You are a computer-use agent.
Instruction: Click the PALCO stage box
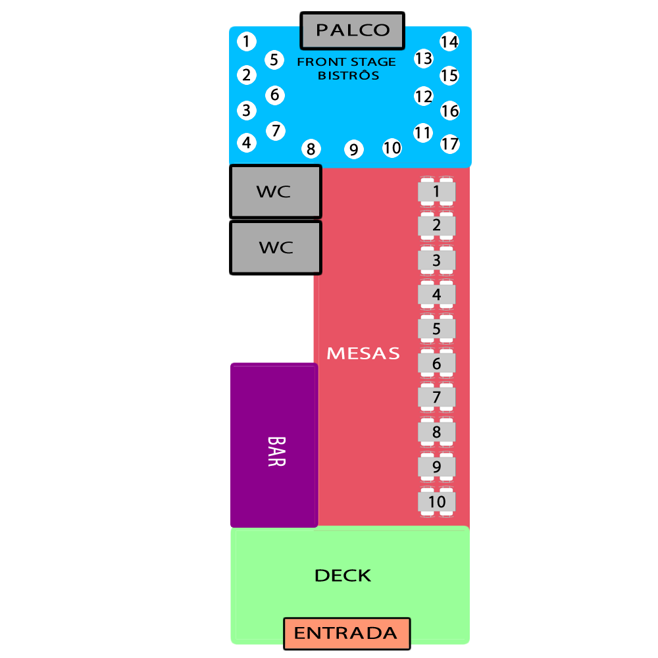(x=353, y=31)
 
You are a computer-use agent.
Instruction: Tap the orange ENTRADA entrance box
(x=347, y=633)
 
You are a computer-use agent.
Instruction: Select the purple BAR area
(x=274, y=445)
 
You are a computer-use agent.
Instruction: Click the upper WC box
(x=276, y=191)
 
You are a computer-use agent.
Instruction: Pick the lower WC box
(x=276, y=247)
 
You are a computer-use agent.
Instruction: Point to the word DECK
(x=343, y=575)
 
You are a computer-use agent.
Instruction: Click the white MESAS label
(x=363, y=353)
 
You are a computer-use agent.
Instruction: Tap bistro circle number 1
(x=247, y=41)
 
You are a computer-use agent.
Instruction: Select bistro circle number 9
(x=354, y=149)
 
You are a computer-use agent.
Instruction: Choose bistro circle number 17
(x=450, y=144)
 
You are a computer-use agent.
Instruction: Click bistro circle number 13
(x=423, y=59)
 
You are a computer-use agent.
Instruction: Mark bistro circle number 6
(x=275, y=95)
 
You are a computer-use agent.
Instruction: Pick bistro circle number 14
(x=449, y=41)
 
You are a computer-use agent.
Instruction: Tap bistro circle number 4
(x=247, y=143)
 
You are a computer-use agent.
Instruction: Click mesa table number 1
(x=436, y=191)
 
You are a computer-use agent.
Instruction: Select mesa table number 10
(x=436, y=502)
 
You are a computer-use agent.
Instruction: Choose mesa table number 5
(x=436, y=329)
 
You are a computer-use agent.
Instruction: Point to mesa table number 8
(x=436, y=432)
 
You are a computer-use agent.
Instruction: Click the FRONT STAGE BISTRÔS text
(x=347, y=68)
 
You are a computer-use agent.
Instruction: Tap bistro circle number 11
(x=423, y=133)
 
